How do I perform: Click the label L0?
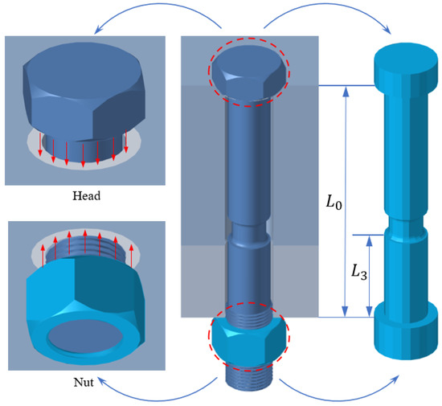click(x=333, y=203)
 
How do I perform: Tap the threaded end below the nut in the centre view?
click(x=248, y=385)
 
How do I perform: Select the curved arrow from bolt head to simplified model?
click(x=338, y=18)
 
